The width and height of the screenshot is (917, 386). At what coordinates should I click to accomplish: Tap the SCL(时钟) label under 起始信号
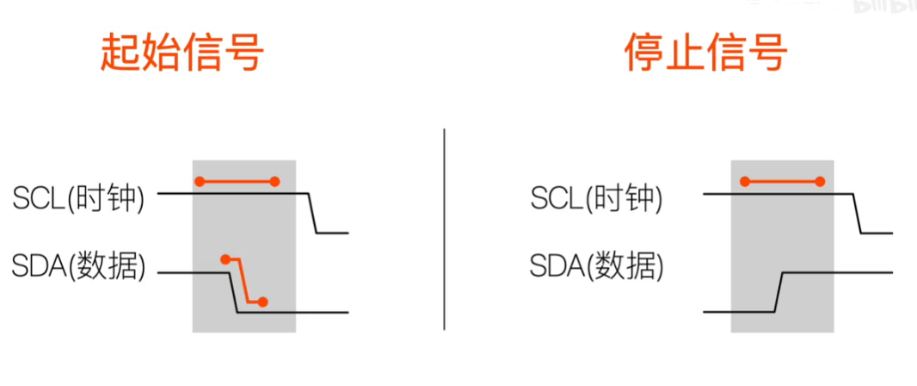pos(79,199)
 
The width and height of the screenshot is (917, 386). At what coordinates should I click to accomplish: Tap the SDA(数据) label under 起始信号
pos(79,267)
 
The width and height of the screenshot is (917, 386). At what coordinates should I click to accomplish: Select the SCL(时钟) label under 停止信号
pos(597,199)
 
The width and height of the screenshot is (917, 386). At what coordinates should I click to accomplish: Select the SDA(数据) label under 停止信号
pos(597,267)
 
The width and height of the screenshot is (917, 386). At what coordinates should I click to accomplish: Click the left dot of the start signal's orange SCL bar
pos(200,181)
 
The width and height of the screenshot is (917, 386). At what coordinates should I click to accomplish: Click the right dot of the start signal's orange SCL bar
pos(274,181)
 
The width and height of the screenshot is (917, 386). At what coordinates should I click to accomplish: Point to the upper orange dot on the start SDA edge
pos(225,258)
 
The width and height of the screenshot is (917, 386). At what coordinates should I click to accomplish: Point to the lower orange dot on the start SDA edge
pos(262,302)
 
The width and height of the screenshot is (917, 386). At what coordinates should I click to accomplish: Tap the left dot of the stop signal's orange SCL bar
pos(746,181)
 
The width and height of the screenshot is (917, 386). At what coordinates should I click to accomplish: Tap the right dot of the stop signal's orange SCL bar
pos(820,181)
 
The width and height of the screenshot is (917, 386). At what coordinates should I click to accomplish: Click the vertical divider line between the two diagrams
pos(444,228)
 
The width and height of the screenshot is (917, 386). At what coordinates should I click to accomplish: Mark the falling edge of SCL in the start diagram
pos(313,213)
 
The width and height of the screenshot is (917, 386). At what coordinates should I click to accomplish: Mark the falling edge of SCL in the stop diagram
pos(858,213)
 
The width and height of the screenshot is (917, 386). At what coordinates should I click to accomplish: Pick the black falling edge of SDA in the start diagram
pos(233,293)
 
